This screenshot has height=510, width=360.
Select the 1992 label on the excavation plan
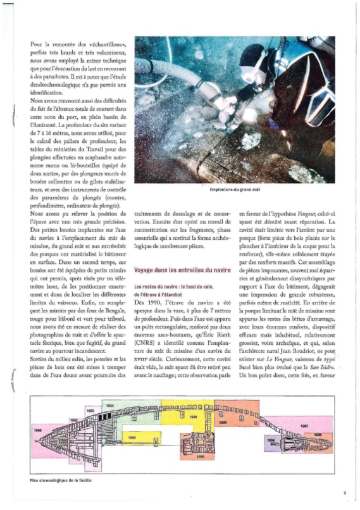pos(73,419)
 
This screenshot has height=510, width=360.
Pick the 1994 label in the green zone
pos(109,403)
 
